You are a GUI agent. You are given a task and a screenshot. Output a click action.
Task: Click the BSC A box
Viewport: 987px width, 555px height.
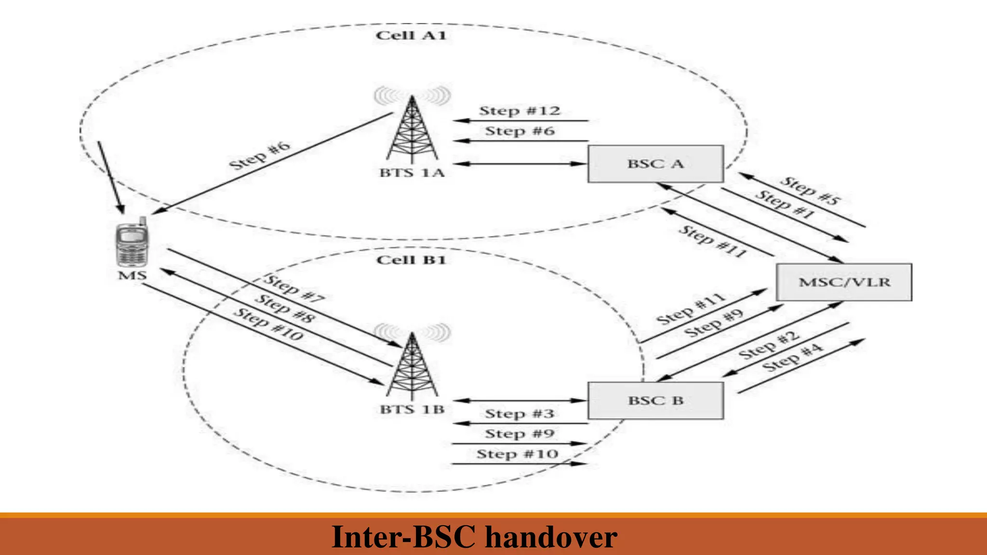(x=655, y=164)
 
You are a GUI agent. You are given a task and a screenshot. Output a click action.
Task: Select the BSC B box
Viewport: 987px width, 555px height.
(x=655, y=400)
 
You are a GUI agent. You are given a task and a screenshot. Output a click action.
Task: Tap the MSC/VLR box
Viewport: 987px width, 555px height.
(x=844, y=282)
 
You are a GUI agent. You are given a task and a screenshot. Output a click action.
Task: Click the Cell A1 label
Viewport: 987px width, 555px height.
(x=411, y=35)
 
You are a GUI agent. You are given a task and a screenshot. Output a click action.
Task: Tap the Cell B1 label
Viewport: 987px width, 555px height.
(x=411, y=260)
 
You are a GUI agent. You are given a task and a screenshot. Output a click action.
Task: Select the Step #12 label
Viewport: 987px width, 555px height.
(x=520, y=111)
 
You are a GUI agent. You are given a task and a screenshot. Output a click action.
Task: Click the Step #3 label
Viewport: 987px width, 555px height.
(x=520, y=413)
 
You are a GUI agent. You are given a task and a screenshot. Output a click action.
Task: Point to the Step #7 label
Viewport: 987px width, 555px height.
(x=294, y=289)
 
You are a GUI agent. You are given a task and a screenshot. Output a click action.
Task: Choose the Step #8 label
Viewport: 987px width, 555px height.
(x=284, y=308)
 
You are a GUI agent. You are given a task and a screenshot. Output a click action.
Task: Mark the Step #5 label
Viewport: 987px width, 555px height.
(x=810, y=190)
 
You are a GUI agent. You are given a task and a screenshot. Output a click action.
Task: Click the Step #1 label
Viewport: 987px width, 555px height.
(x=785, y=204)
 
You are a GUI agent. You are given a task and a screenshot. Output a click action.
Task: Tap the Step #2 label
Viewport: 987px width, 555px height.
(x=769, y=345)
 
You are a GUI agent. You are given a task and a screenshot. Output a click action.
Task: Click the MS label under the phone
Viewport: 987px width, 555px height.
(x=132, y=275)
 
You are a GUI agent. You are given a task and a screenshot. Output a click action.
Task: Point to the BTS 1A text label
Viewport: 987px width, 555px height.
(x=412, y=172)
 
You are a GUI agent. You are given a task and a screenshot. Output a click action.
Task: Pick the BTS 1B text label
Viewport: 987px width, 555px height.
(x=412, y=410)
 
